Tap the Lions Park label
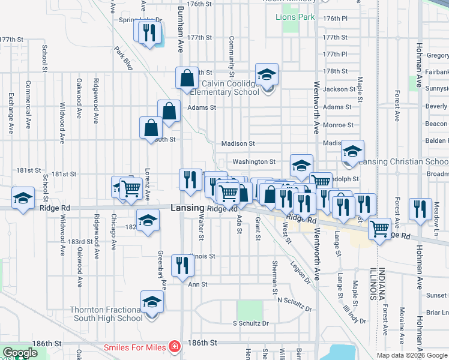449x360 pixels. pyautogui.click(x=295, y=17)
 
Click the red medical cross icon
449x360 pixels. pyautogui.click(x=174, y=347)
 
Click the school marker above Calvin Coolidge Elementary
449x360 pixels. pyautogui.click(x=267, y=74)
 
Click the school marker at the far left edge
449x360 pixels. pyautogui.click(x=23, y=197)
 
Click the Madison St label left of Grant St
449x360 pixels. pyautogui.click(x=238, y=144)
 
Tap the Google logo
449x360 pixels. pyautogui.click(x=20, y=353)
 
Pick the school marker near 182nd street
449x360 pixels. pyautogui.click(x=148, y=220)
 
